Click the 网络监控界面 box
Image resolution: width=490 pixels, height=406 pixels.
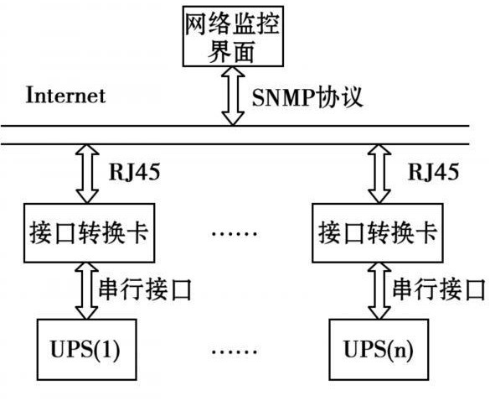tap(233, 36)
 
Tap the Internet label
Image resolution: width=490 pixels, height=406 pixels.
tap(65, 95)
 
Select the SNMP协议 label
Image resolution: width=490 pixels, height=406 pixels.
tap(307, 97)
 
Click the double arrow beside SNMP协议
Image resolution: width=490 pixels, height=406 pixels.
tap(233, 96)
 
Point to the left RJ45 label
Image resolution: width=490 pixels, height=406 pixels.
tap(134, 171)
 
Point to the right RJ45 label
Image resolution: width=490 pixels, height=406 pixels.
tap(433, 171)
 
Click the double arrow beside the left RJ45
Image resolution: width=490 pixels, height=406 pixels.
tap(87, 174)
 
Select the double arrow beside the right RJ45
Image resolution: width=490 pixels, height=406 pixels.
tap(379, 174)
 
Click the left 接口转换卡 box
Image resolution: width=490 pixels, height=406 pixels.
tap(89, 233)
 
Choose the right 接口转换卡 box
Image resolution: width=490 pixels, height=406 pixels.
tap(378, 233)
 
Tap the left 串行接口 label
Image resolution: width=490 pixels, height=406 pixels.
tap(145, 289)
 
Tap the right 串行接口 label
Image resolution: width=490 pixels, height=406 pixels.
tap(439, 289)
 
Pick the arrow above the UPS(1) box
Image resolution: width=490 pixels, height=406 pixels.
tap(86, 291)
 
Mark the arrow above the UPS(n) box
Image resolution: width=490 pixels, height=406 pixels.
tap(379, 291)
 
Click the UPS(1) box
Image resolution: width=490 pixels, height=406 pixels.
tap(86, 350)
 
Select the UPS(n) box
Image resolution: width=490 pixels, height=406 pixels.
tap(379, 350)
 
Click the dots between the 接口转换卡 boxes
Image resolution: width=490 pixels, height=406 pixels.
tap(235, 233)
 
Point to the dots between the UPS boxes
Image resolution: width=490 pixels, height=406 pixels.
tap(235, 351)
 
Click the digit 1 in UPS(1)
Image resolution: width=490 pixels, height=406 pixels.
tap(106, 349)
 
